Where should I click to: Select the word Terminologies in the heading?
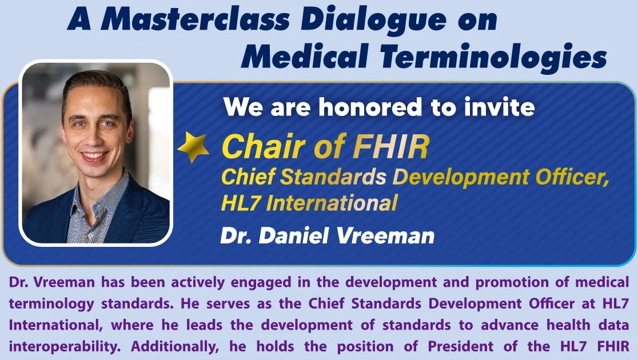pyautogui.click(x=493, y=57)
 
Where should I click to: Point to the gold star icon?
pyautogui.click(x=193, y=147)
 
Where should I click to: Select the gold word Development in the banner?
pyautogui.click(x=461, y=177)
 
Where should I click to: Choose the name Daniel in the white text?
pyautogui.click(x=294, y=236)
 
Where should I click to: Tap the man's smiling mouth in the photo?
pyautogui.click(x=94, y=156)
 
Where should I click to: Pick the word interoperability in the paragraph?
pyautogui.click(x=65, y=347)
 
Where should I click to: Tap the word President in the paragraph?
pyautogui.click(x=461, y=346)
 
